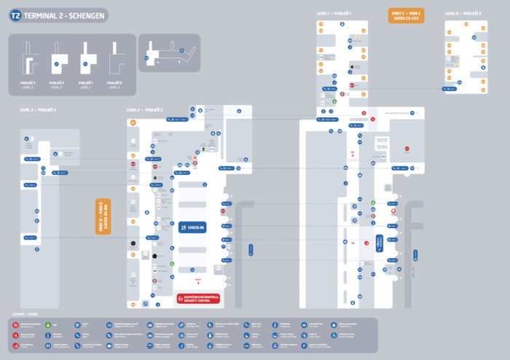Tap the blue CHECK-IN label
193,227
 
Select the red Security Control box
198,299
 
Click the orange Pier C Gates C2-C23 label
406,16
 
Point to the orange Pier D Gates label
103,216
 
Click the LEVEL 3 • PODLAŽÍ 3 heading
38,109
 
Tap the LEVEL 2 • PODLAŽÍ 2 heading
145,109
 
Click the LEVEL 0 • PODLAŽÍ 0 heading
463,13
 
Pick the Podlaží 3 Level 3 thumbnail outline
30,63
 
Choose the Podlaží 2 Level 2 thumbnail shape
57,63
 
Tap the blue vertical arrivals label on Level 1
380,243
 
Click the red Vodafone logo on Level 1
393,211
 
